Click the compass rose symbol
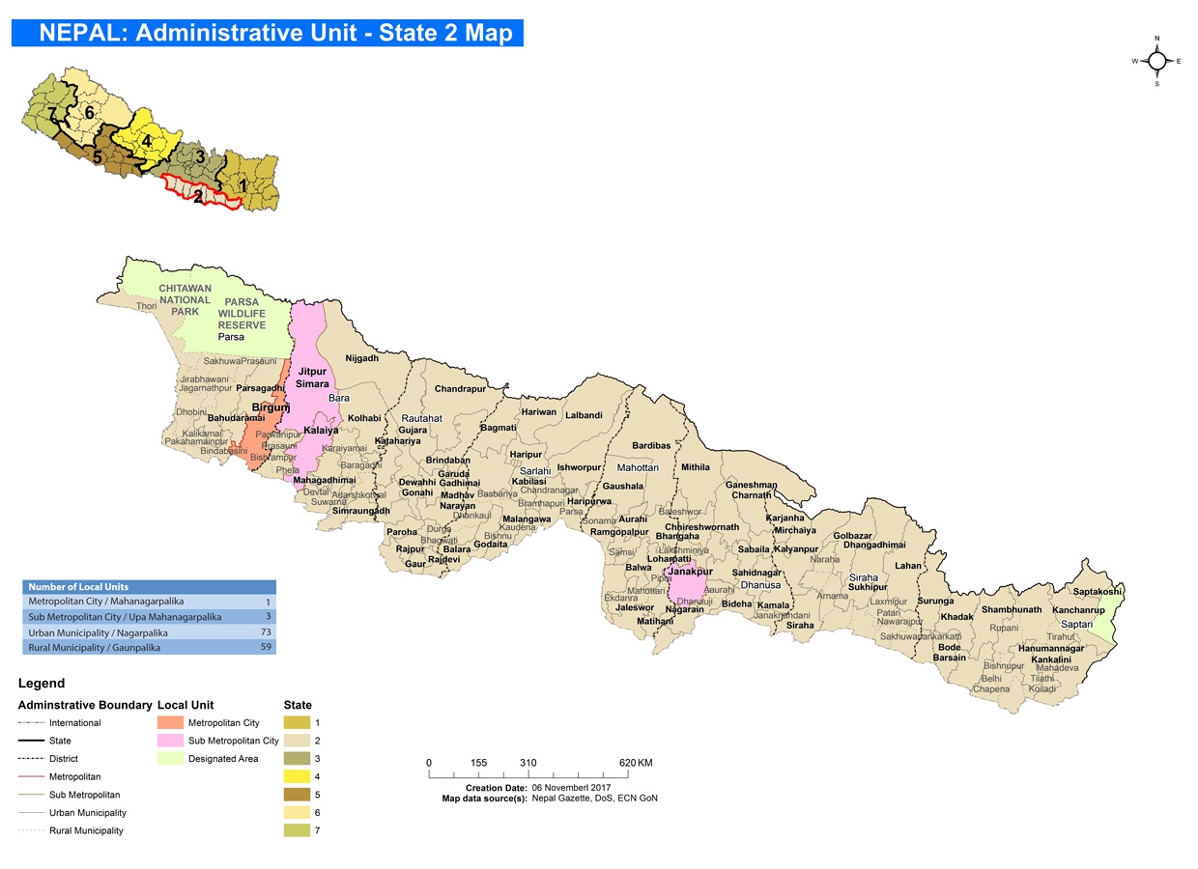click(1157, 61)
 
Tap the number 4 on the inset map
click(146, 140)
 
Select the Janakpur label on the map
click(687, 572)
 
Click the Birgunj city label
click(271, 407)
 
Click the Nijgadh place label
click(362, 358)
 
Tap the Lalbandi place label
click(584, 415)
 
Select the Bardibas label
click(651, 446)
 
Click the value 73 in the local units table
click(263, 631)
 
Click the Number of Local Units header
click(78, 586)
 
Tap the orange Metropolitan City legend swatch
click(169, 722)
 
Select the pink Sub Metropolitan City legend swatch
click(169, 741)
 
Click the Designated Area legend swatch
click(169, 759)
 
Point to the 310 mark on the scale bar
click(528, 763)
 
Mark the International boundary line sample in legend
click(33, 722)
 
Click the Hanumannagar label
click(1051, 649)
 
